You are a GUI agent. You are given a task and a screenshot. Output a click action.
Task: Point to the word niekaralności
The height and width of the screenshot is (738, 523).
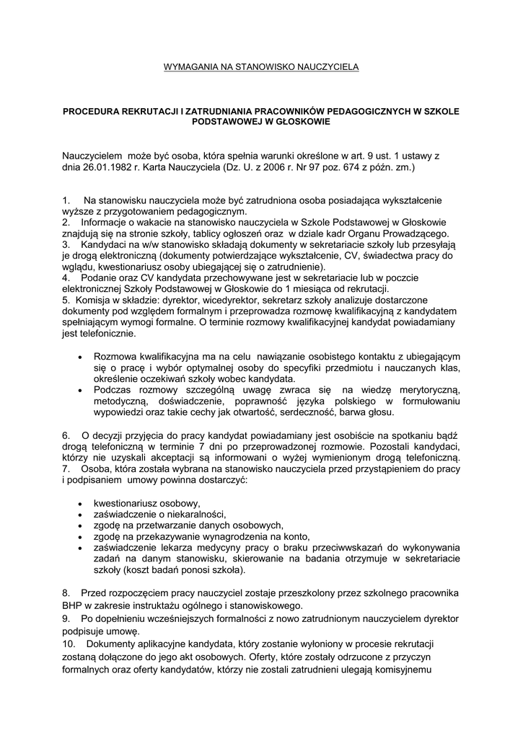click(x=196, y=514)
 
